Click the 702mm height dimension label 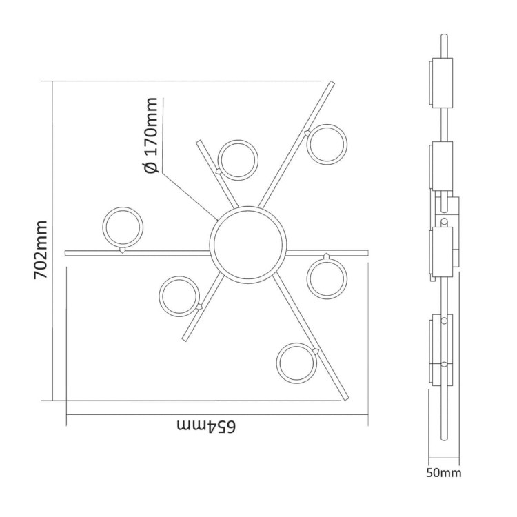41,250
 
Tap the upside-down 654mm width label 206,427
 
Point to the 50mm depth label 443,473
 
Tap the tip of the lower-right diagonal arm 347,397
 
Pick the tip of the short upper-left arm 199,143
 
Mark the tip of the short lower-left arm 184,338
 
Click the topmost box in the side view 440,83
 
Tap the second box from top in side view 440,165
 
